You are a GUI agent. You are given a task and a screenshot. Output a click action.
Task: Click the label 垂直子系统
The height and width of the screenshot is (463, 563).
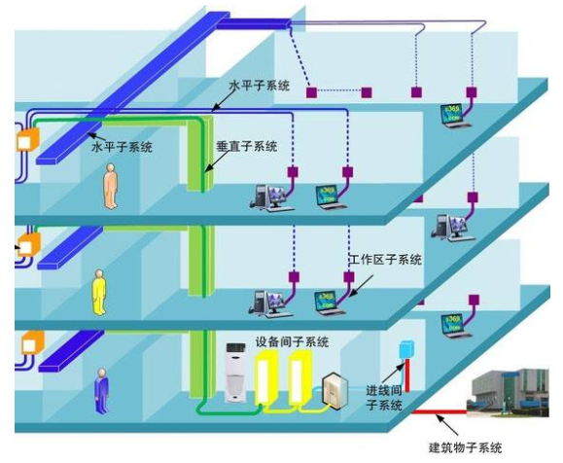(x=246, y=147)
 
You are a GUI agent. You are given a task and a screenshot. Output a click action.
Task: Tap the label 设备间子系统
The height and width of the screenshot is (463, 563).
(x=292, y=341)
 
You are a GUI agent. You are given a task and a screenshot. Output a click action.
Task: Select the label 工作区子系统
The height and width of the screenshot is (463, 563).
(x=385, y=260)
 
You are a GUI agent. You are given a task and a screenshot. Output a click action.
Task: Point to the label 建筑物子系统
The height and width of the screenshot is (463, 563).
(x=466, y=447)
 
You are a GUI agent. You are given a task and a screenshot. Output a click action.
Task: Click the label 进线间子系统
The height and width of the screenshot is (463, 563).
(x=384, y=398)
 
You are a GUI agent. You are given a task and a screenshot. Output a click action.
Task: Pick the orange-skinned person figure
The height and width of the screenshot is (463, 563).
(x=110, y=186)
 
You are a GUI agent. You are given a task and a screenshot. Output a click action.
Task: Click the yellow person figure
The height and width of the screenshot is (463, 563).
(x=99, y=293)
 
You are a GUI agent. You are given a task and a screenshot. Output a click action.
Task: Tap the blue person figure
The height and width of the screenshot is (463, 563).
(x=102, y=391)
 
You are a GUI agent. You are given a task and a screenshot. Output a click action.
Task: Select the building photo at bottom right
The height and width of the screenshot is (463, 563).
(x=508, y=393)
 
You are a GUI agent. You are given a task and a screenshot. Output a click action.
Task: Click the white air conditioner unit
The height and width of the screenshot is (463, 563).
(x=235, y=373)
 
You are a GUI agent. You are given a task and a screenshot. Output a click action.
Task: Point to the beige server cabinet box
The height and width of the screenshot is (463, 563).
(x=334, y=392)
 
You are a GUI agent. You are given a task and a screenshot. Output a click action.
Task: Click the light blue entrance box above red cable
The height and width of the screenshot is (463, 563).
(x=406, y=349)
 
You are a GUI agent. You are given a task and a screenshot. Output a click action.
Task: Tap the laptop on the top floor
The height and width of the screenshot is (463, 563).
(x=454, y=116)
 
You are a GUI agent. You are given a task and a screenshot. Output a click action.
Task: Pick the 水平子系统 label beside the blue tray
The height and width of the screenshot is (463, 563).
(x=123, y=147)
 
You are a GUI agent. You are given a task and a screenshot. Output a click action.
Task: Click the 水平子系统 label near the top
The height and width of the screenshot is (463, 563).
(x=260, y=86)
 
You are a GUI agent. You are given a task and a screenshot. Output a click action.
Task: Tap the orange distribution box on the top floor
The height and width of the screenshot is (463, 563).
(x=27, y=139)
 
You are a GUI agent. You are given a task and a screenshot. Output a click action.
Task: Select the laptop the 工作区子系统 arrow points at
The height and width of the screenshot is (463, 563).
(x=329, y=303)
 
